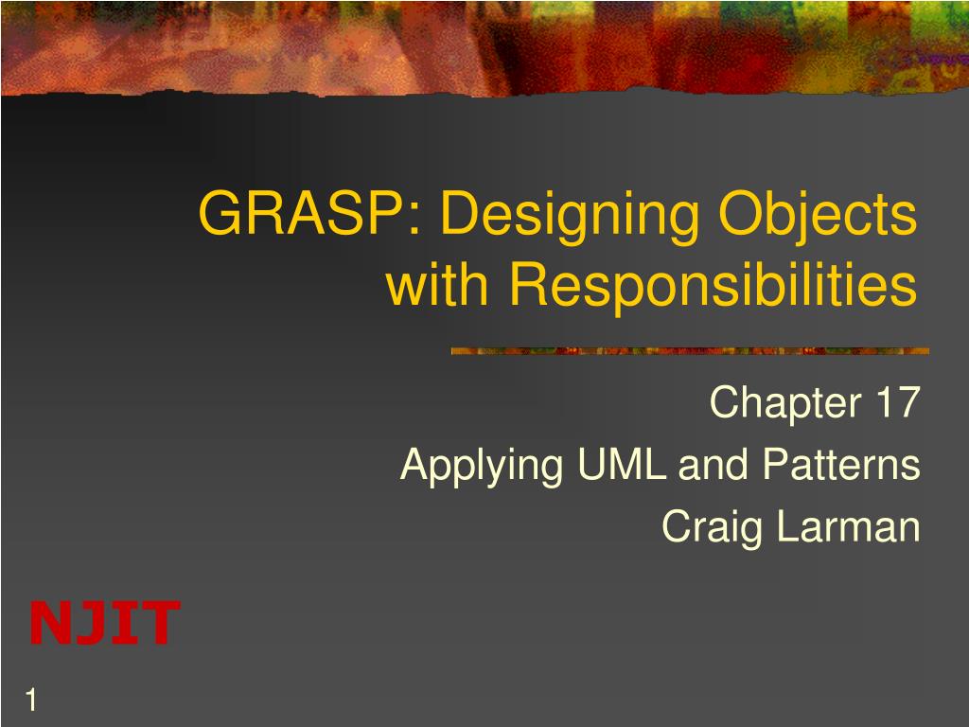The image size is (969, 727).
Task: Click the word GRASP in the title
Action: [300, 213]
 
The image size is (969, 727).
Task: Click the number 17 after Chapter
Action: [899, 401]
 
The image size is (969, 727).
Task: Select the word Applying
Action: [482, 468]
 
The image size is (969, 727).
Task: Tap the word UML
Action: [622, 464]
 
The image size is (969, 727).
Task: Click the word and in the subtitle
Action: [714, 464]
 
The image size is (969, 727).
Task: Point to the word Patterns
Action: [841, 464]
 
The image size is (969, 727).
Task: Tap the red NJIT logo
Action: [104, 623]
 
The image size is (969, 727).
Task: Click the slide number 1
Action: [31, 700]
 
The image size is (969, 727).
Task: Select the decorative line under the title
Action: [690, 351]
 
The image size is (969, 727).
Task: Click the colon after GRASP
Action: [414, 219]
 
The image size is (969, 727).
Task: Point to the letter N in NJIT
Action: [52, 623]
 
